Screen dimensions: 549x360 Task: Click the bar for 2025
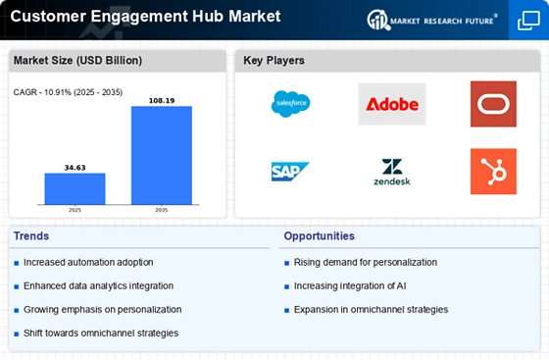point(75,188)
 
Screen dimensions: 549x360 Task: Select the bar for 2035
point(162,155)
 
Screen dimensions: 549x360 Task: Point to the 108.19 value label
point(162,101)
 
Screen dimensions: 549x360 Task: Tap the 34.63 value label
point(75,168)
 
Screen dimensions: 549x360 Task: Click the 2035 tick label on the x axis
point(162,210)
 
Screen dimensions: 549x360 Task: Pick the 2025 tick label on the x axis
point(75,210)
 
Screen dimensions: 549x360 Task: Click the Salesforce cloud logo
point(290,104)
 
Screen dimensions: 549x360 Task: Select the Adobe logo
point(392,104)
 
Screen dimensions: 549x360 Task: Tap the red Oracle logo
point(493,104)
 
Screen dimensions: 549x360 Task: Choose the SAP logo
point(290,172)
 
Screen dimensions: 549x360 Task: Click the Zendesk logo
point(392,172)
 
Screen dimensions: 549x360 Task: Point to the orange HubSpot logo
point(493,172)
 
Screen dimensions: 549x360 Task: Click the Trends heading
point(31,236)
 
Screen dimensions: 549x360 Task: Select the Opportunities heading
point(319,236)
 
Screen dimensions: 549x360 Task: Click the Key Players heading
point(274,61)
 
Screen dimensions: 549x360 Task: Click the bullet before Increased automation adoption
point(16,263)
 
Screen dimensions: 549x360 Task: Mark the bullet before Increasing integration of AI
point(286,286)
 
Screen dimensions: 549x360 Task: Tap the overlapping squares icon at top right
point(528,21)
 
